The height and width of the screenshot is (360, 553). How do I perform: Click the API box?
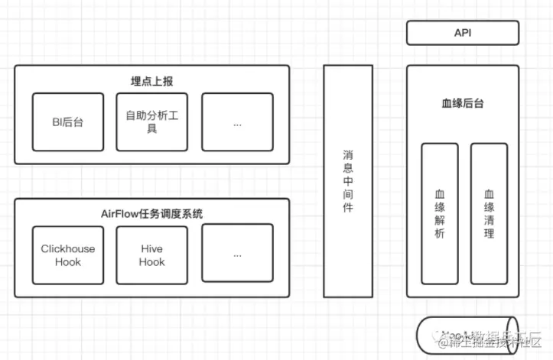462,33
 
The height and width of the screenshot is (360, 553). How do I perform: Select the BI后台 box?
68,122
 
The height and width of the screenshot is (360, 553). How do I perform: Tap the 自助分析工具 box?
151,122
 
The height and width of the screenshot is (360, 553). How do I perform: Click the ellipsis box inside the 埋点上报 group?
237,122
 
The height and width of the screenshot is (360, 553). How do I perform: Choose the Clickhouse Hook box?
68,255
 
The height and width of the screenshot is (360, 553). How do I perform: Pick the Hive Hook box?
151,255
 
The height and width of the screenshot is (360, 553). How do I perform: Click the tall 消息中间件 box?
348,180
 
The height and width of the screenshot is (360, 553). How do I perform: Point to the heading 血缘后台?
462,103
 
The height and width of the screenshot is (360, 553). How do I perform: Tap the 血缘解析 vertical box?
439,213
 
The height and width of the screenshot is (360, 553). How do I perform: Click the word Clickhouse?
68,249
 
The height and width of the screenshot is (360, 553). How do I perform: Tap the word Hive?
151,249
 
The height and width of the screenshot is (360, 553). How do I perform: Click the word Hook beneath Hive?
151,261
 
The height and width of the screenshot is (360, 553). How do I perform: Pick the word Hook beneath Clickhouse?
68,261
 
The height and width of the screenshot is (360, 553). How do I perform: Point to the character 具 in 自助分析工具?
151,128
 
